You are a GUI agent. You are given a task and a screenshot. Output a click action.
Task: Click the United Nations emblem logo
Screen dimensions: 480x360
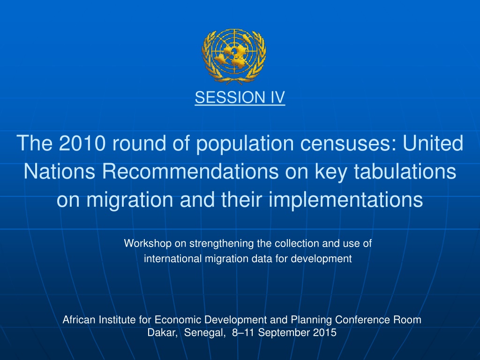(x=234, y=56)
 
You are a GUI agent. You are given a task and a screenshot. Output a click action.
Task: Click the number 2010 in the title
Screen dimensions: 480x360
(x=82, y=143)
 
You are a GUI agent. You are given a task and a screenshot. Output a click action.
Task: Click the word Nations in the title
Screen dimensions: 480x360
(x=60, y=171)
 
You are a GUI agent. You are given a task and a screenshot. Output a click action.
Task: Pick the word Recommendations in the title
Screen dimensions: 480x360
(x=190, y=171)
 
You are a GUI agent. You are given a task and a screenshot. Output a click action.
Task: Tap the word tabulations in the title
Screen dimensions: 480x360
(x=405, y=171)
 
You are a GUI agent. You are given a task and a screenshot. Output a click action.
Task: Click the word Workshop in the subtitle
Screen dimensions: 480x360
(x=148, y=243)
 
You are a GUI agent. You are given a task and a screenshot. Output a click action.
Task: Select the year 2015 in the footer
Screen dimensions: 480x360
(x=325, y=332)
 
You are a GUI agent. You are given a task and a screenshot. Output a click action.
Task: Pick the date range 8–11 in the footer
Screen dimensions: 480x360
(x=243, y=332)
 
